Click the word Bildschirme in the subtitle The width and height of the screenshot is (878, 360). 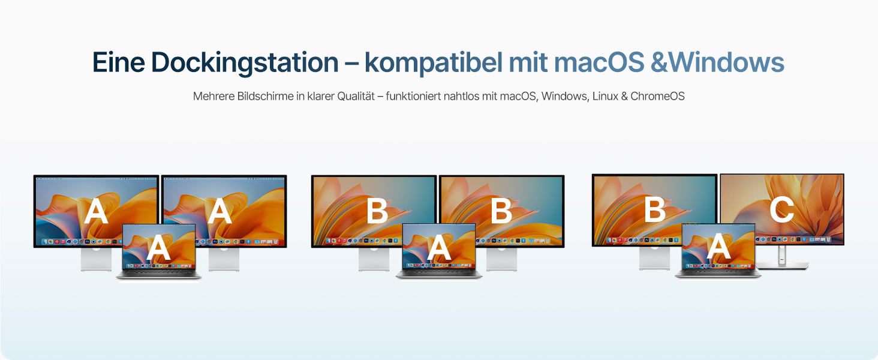(x=264, y=96)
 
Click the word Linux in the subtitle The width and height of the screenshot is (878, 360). (x=606, y=96)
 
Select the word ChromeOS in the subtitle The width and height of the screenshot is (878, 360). (x=657, y=96)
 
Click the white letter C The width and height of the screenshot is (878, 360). (x=781, y=211)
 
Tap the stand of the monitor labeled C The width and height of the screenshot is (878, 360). (x=782, y=257)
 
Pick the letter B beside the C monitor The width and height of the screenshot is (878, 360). (x=654, y=211)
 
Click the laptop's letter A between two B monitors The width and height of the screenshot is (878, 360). (x=438, y=248)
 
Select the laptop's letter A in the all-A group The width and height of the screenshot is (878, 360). (x=158, y=248)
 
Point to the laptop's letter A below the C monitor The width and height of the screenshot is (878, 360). (x=718, y=248)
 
